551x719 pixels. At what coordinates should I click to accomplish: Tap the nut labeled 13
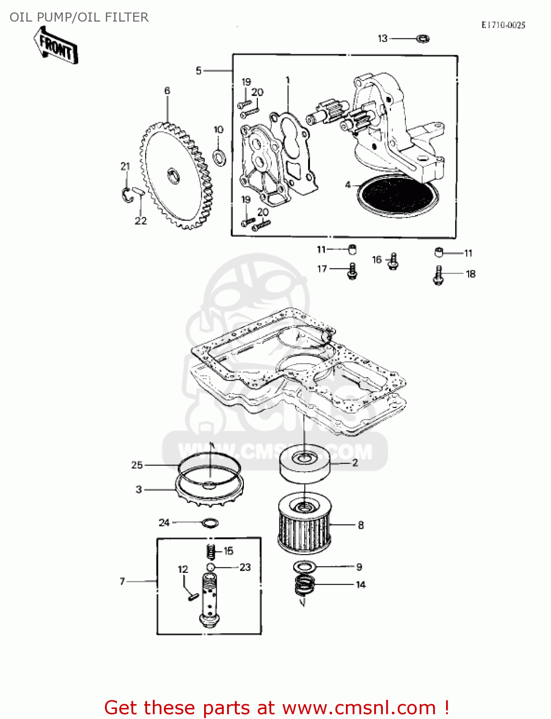(x=423, y=38)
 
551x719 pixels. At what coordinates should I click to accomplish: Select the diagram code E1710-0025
(x=503, y=25)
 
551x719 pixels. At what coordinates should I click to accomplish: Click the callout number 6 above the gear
(x=167, y=91)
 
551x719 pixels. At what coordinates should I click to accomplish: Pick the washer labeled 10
(x=219, y=156)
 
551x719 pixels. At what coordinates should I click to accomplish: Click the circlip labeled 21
(x=126, y=194)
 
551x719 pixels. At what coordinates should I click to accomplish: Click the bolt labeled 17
(x=352, y=271)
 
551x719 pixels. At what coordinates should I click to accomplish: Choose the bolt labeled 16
(x=393, y=261)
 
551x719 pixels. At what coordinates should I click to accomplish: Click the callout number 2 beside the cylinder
(x=355, y=463)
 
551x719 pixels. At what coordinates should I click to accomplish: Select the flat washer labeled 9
(x=304, y=567)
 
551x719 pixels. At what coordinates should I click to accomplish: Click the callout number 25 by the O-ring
(x=137, y=465)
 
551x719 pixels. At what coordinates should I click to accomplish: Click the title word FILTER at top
(x=126, y=17)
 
